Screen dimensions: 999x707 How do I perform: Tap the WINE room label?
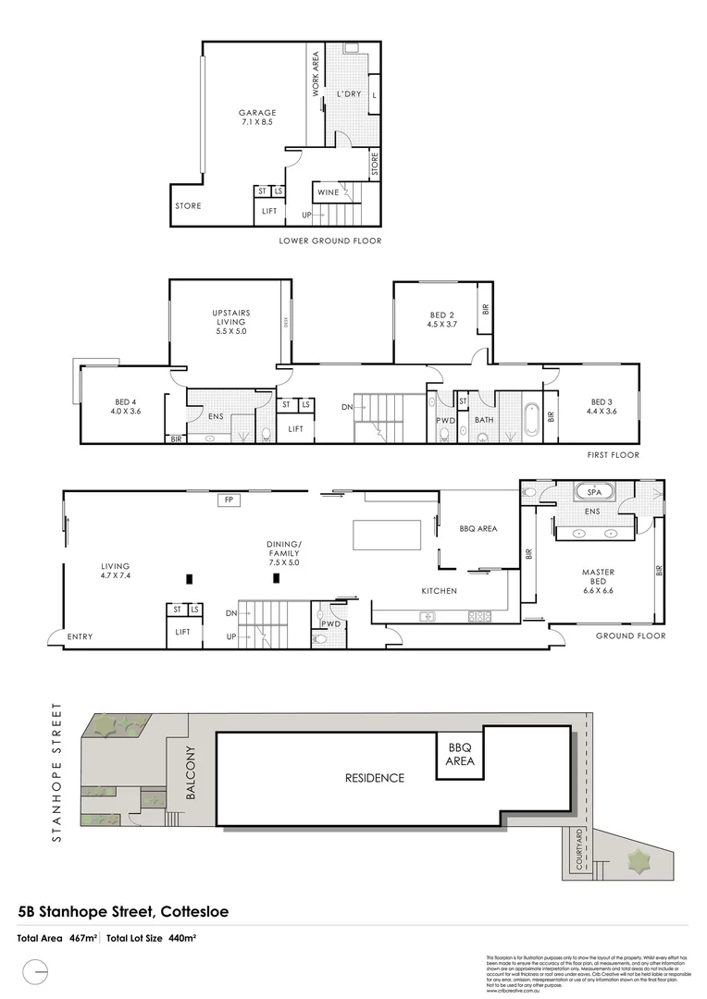point(328,192)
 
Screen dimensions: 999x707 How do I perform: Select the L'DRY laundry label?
point(349,94)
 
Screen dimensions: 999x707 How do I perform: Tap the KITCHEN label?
point(440,590)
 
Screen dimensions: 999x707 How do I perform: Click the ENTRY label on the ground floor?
point(81,635)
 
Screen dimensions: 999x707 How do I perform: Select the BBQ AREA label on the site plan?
point(461,754)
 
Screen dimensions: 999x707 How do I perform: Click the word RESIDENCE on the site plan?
point(375,778)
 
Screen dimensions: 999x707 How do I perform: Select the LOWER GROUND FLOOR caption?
point(329,240)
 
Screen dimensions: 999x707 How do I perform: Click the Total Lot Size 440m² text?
point(152,938)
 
